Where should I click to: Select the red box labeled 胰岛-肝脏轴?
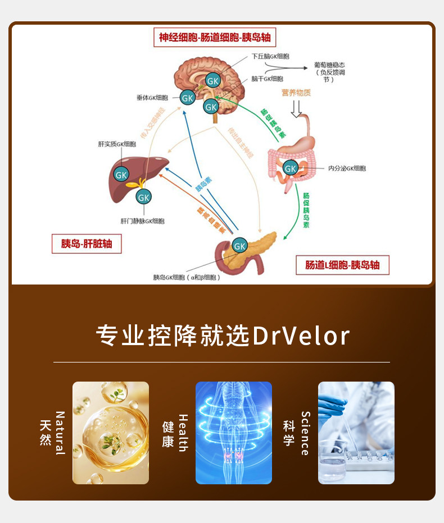(87, 244)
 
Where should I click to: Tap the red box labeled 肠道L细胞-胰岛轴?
(342, 265)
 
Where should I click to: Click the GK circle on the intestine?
(291, 167)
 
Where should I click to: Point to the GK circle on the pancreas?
(240, 245)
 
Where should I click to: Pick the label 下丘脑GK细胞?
(270, 57)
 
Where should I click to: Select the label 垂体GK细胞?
(153, 97)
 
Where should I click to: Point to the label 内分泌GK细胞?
(347, 168)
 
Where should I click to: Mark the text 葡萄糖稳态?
(329, 65)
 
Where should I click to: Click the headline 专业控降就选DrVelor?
(223, 336)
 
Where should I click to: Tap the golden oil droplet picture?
(111, 433)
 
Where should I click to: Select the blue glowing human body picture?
(234, 433)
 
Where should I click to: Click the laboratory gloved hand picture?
(356, 433)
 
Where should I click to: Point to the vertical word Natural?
(60, 433)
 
